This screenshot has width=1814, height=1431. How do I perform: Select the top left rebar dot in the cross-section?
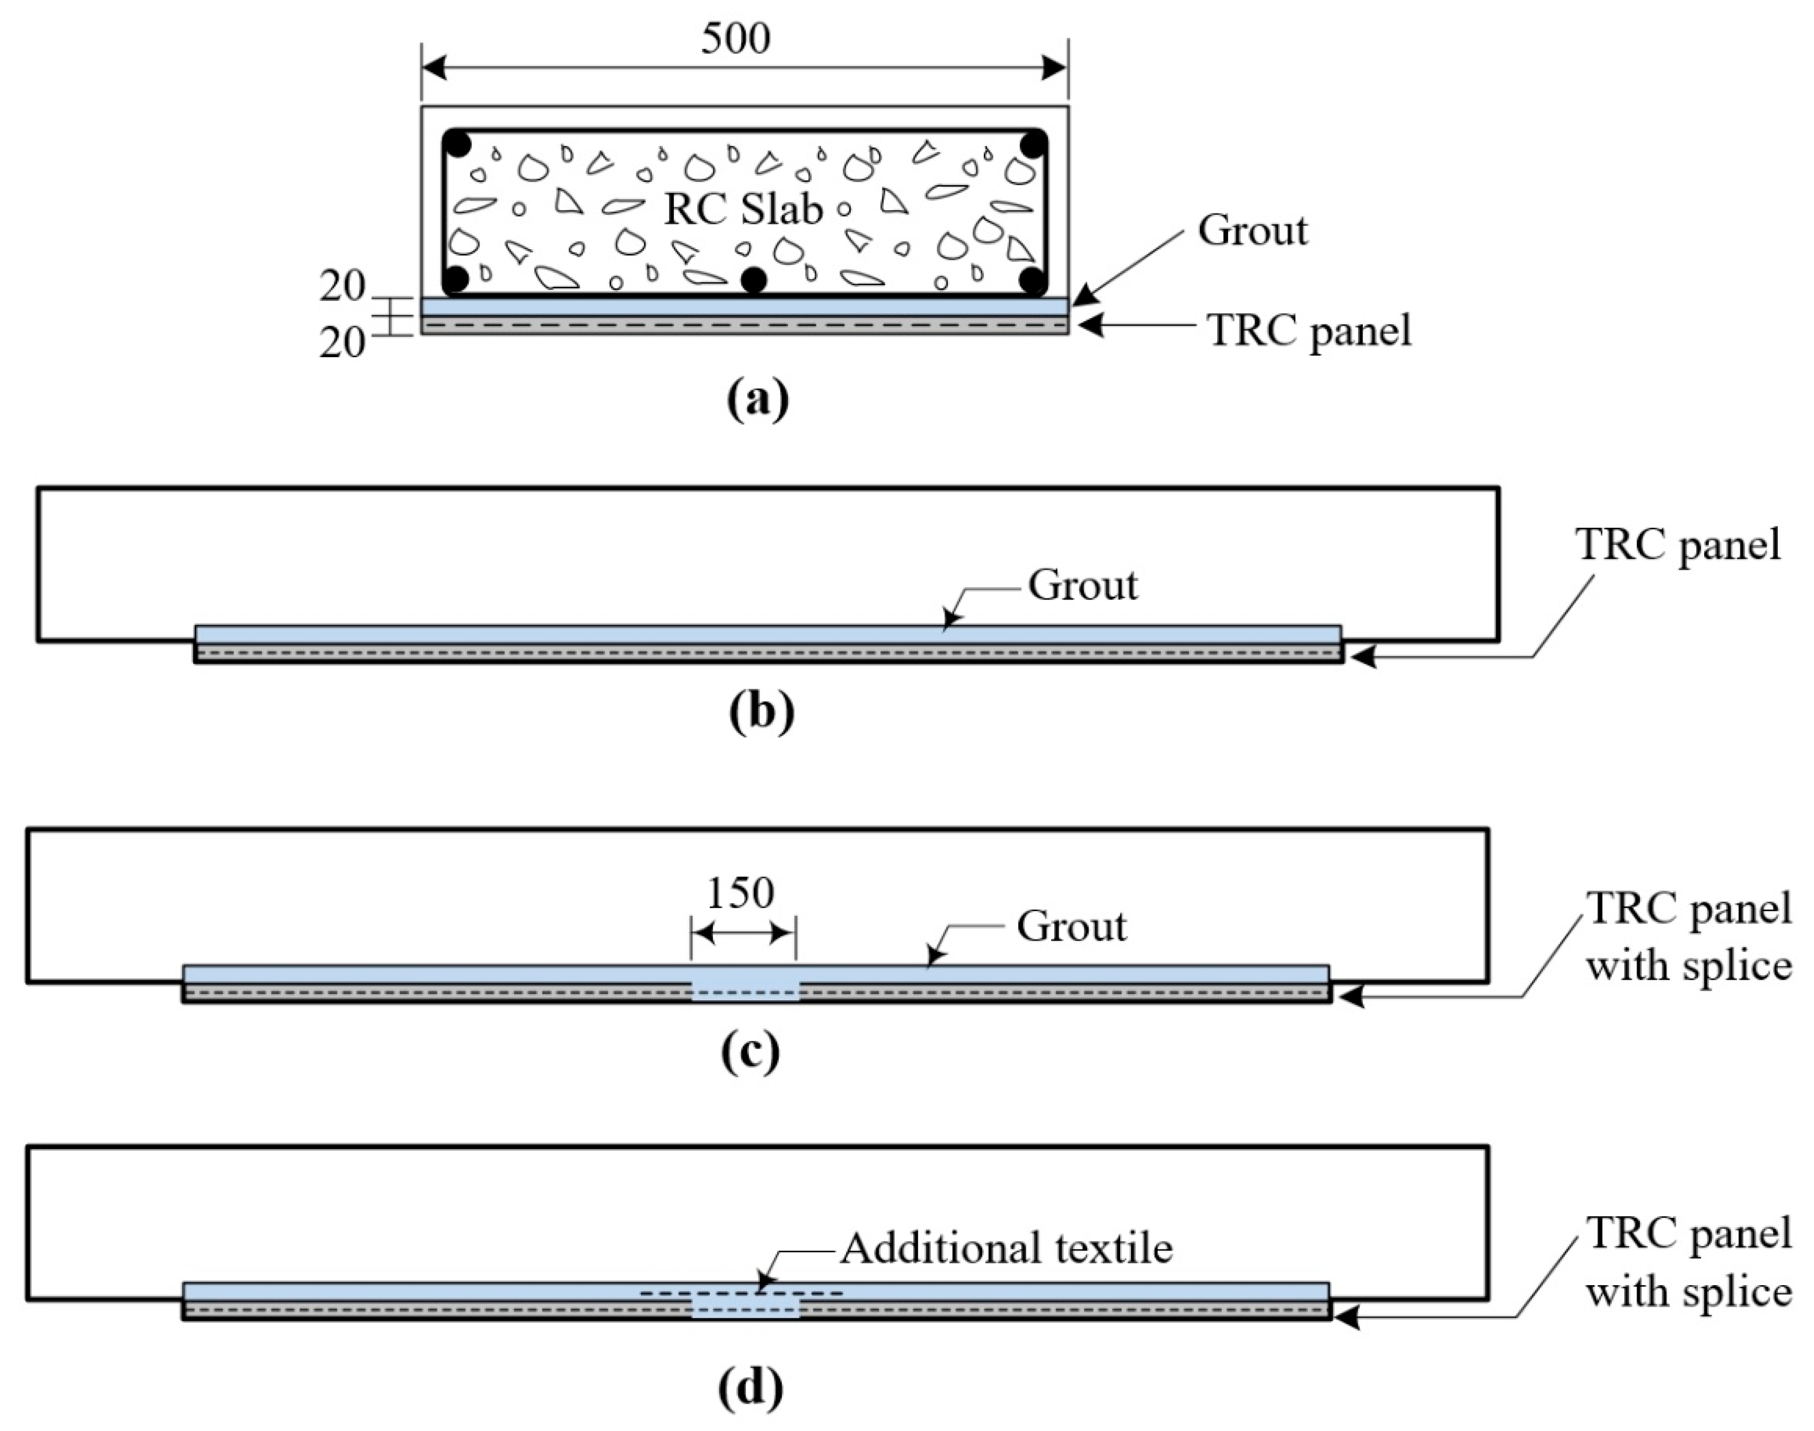click(457, 143)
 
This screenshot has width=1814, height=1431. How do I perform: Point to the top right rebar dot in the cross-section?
click(1033, 143)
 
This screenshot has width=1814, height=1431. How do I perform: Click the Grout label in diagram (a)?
click(1252, 230)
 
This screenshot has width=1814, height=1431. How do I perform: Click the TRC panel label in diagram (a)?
click(1309, 330)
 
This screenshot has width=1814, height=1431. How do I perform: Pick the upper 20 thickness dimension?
click(342, 287)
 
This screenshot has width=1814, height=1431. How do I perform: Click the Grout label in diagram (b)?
click(1083, 585)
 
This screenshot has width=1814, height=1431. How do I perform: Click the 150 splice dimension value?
click(740, 893)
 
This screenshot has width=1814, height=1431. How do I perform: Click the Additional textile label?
click(1006, 1248)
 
